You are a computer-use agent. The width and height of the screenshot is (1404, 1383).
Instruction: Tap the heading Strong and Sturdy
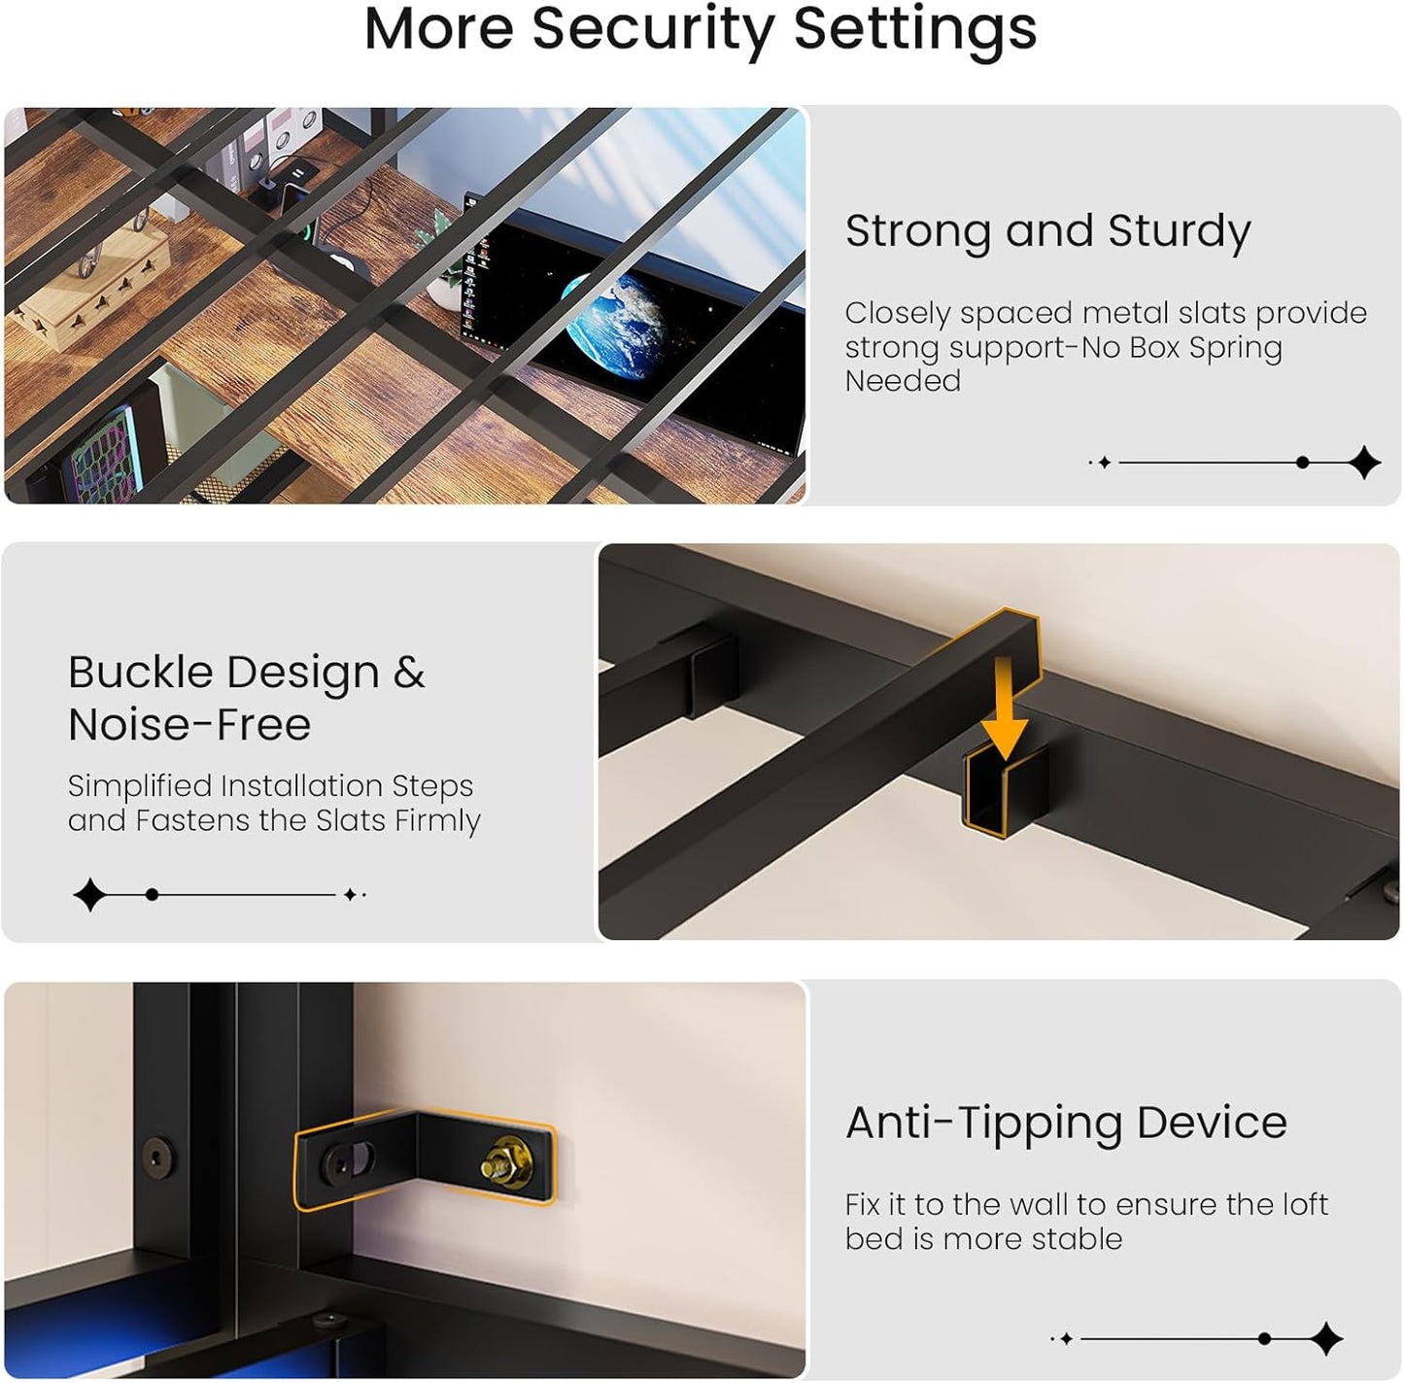[x=1047, y=232]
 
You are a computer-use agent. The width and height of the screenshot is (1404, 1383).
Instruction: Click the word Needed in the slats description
[x=903, y=381]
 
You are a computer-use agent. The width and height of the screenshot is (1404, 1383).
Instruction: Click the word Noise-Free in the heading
[x=189, y=725]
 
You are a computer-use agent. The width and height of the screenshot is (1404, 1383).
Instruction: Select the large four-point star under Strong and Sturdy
[x=1363, y=463]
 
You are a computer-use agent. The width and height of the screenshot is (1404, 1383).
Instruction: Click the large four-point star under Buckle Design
[x=90, y=894]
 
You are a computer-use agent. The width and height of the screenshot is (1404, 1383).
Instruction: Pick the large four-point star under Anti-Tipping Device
[x=1325, y=1338]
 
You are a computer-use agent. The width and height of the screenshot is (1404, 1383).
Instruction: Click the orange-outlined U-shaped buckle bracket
[x=1006, y=792]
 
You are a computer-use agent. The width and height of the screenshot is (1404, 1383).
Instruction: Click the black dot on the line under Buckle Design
[x=152, y=894]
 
